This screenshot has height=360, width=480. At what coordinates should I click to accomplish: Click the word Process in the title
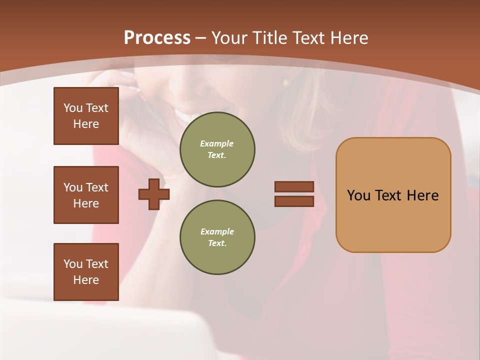click(x=157, y=38)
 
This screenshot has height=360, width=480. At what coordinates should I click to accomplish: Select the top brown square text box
click(x=86, y=116)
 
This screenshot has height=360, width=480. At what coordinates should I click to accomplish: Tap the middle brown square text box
click(x=86, y=195)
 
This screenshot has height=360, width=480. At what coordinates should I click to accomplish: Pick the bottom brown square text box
click(x=86, y=272)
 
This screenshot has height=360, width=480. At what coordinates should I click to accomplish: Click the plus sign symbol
click(x=154, y=194)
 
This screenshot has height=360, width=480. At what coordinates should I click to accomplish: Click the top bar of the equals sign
click(x=294, y=186)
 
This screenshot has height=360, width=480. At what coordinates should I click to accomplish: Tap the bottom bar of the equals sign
click(x=294, y=201)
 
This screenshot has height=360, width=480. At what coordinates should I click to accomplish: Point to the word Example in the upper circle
click(x=216, y=143)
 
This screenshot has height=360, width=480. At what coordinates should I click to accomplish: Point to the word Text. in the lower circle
click(x=217, y=243)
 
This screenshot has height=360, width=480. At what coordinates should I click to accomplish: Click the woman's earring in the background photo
click(x=286, y=82)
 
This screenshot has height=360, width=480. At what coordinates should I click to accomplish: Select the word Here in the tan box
click(x=422, y=195)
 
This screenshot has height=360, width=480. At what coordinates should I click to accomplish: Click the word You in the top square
click(x=72, y=108)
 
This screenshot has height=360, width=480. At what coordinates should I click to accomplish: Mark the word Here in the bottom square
click(x=86, y=280)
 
